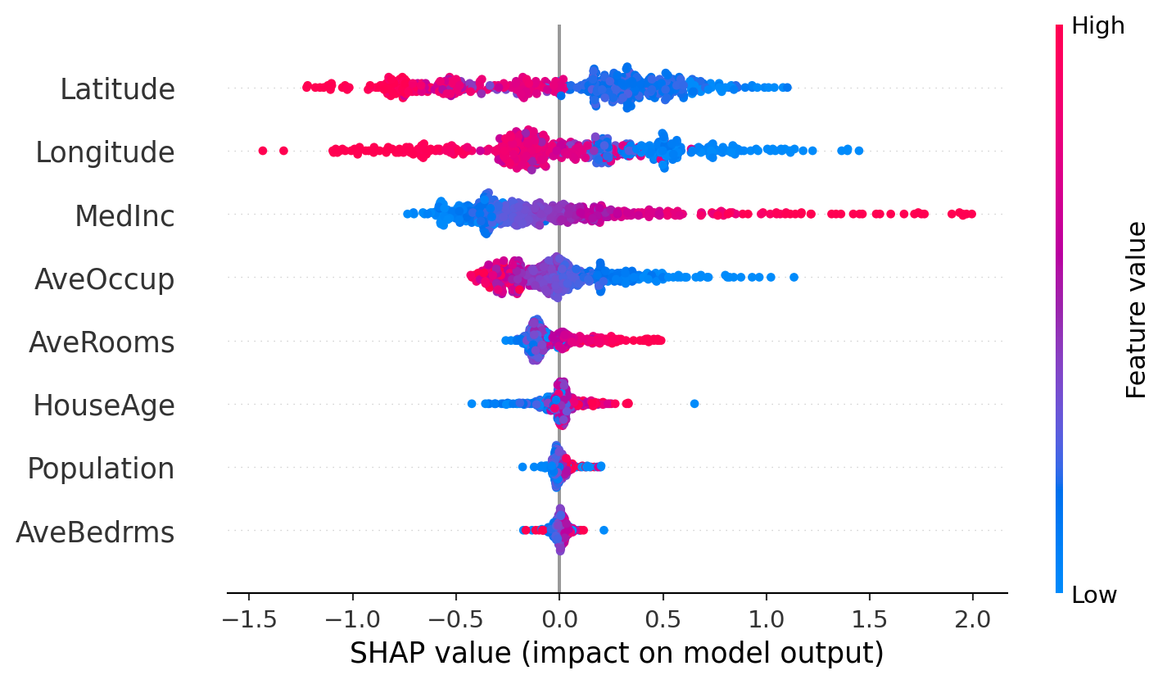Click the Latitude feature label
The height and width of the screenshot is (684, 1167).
(x=117, y=88)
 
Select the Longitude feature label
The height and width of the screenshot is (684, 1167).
(x=105, y=152)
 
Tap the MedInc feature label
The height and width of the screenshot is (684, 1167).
(x=124, y=216)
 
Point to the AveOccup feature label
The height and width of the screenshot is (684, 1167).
(x=104, y=279)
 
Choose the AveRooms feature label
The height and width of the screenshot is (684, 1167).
(x=102, y=342)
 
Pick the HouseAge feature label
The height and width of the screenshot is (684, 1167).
(x=104, y=405)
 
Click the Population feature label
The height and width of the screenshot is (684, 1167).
(x=101, y=469)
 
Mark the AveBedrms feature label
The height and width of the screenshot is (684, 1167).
(x=95, y=532)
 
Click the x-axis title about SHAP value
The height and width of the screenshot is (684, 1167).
(x=617, y=654)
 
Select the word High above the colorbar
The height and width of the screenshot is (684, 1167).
(x=1097, y=26)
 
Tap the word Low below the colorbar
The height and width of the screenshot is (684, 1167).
(x=1093, y=595)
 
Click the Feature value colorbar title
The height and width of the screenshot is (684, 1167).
(x=1137, y=310)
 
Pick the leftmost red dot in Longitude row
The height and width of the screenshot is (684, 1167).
(x=262, y=150)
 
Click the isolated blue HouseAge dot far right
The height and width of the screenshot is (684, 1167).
(x=694, y=403)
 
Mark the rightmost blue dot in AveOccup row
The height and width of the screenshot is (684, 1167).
(x=794, y=277)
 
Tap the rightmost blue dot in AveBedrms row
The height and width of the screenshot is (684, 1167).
(x=604, y=530)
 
